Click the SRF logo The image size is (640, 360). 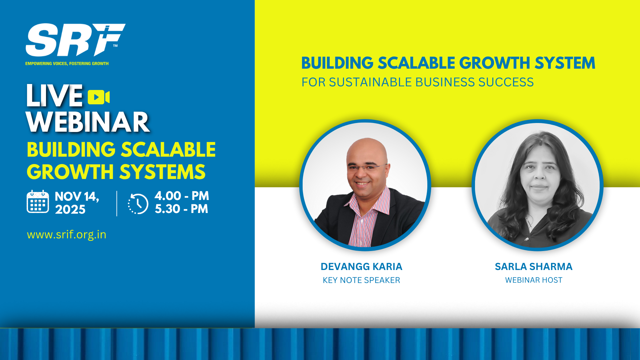(x=75, y=40)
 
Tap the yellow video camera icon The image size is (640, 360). (x=99, y=97)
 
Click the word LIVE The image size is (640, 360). (x=54, y=96)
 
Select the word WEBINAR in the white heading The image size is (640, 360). (x=88, y=122)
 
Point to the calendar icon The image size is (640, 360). (x=38, y=202)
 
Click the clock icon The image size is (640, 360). (x=138, y=204)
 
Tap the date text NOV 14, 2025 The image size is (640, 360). (x=77, y=203)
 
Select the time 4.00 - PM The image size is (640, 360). (x=182, y=196)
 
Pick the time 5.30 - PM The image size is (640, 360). (x=182, y=209)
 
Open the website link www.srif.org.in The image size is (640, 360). (x=67, y=235)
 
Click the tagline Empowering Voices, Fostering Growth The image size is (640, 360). (x=67, y=63)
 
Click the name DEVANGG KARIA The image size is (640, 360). (x=361, y=267)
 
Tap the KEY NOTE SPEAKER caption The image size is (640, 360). (x=361, y=280)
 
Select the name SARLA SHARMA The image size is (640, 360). (x=533, y=267)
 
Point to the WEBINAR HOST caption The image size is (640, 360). (x=534, y=280)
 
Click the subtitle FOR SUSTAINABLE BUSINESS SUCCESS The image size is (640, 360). (x=417, y=82)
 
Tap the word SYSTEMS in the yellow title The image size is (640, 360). (x=162, y=172)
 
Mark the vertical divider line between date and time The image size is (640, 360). (x=117, y=204)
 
